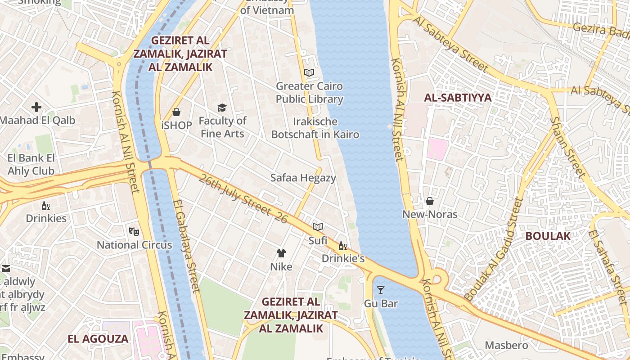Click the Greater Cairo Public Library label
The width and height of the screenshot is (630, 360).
(x=309, y=92)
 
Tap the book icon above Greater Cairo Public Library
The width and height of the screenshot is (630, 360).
(x=309, y=72)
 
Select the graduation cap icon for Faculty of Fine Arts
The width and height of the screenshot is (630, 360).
(x=222, y=108)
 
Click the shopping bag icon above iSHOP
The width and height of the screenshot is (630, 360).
(x=176, y=112)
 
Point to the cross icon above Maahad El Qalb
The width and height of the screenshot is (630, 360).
(x=36, y=107)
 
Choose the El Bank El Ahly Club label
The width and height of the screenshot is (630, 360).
(x=31, y=164)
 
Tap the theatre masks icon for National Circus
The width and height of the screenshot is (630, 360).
(x=134, y=232)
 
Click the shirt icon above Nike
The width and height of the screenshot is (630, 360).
(x=281, y=253)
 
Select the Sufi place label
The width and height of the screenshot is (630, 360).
(x=318, y=241)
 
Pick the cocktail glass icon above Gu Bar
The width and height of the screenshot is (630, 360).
(x=381, y=290)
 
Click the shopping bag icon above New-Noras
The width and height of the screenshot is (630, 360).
(x=430, y=201)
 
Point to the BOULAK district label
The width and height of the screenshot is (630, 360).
(x=548, y=236)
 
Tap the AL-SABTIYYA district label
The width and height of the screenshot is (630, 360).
(x=458, y=98)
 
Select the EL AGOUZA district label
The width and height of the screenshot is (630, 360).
(x=98, y=339)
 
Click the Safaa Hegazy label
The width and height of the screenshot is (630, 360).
(x=303, y=178)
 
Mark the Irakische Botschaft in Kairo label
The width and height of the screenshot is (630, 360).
(x=315, y=128)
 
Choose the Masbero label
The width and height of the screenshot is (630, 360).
(x=506, y=345)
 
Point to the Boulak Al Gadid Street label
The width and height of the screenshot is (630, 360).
(x=494, y=250)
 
